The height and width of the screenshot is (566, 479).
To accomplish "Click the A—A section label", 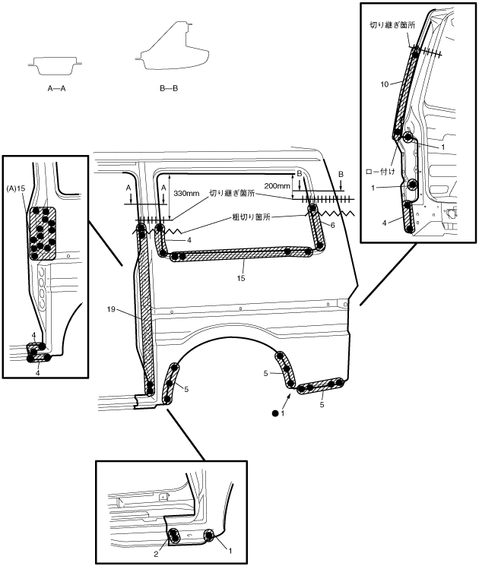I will click(x=55, y=88).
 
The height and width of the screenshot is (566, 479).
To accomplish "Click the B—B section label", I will click(x=169, y=88).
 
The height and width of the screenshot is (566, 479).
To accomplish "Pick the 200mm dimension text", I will click(x=278, y=185).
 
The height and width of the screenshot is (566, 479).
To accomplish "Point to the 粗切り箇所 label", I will click(x=252, y=216).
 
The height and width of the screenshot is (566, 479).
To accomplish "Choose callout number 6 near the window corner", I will click(x=331, y=225).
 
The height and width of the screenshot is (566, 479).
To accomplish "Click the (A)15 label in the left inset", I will click(x=16, y=188).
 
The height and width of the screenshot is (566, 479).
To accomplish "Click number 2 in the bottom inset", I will click(x=157, y=555).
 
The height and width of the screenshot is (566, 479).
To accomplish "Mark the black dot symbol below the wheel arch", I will click(x=273, y=414).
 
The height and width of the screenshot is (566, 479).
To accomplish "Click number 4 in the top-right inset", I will click(x=385, y=223).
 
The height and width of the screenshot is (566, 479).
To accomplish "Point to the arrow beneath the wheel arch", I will click(x=288, y=399).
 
